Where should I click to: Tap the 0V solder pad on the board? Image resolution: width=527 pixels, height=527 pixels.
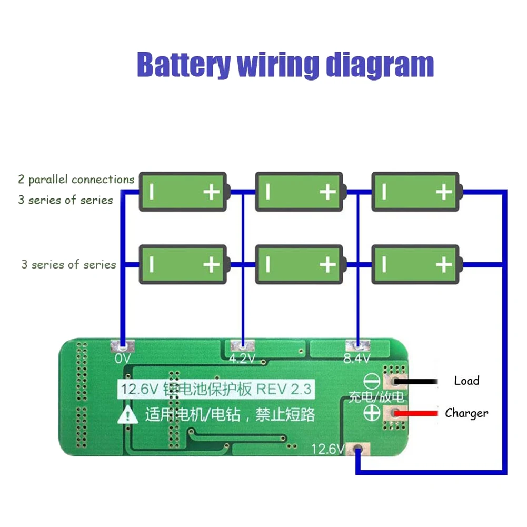122,347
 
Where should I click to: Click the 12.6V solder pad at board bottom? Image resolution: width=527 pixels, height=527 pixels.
358,449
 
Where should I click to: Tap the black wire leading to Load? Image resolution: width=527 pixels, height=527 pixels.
419,381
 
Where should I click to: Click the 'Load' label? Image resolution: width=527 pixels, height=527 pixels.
466,381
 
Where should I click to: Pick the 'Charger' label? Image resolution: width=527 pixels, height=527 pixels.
466,413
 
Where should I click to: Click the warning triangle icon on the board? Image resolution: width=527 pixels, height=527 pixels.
128,416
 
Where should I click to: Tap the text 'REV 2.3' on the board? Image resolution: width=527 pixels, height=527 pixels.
284,390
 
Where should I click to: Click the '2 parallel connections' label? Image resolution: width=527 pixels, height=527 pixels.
76,180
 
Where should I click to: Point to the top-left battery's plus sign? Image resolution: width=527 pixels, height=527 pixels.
211,192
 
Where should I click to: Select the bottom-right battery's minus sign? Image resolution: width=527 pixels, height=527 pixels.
384,264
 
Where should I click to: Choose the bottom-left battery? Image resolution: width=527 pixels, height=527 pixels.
183,264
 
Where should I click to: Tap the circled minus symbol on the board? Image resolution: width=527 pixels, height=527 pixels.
372,381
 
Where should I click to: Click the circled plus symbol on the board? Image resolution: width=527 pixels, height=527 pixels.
372,414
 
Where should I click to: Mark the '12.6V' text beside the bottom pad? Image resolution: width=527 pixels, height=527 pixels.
327,450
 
